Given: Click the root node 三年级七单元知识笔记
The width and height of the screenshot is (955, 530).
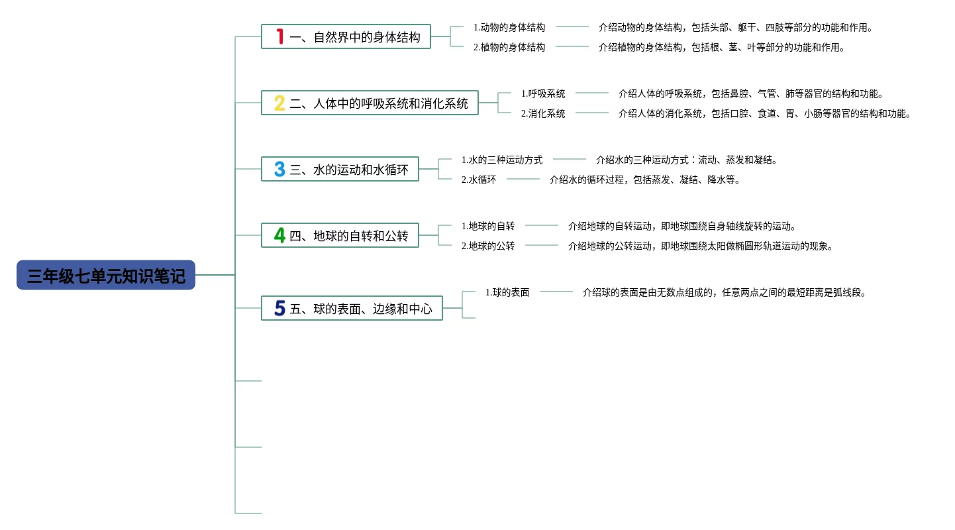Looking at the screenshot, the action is (106, 275).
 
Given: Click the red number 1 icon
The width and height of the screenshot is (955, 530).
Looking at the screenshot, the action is (280, 36).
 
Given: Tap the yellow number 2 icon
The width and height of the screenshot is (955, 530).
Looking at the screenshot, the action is (279, 103).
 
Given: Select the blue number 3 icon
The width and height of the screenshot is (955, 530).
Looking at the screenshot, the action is (279, 169).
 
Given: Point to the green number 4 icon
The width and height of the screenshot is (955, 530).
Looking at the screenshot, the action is (279, 235).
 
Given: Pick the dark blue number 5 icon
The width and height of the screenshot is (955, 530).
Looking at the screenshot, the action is (279, 308).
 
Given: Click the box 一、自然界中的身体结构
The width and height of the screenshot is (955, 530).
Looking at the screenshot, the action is (355, 37).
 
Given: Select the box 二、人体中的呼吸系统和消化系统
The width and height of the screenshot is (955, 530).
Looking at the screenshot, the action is (379, 103).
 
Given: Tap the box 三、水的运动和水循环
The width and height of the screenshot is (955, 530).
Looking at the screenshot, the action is (349, 170).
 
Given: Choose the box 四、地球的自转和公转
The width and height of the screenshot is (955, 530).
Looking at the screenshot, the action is (349, 236).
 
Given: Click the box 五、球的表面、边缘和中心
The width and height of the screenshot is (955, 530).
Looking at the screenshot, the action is (361, 309).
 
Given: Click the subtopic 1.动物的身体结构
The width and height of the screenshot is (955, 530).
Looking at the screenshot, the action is (509, 27).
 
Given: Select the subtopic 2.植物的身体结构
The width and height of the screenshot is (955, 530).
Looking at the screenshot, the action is (509, 47).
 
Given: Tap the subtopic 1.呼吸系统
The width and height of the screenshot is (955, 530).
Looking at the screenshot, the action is (543, 93).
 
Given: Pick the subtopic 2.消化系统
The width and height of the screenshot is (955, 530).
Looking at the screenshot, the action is (543, 113).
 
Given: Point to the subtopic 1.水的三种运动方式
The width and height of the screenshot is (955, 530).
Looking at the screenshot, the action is (502, 160).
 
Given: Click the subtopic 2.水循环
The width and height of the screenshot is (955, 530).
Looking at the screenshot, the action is (479, 180).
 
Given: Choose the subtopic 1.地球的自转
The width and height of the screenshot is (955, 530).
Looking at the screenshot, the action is (488, 226).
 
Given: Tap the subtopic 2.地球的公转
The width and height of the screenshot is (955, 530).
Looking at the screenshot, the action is (488, 246).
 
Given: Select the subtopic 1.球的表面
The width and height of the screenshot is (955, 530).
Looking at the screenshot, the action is (507, 292).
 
